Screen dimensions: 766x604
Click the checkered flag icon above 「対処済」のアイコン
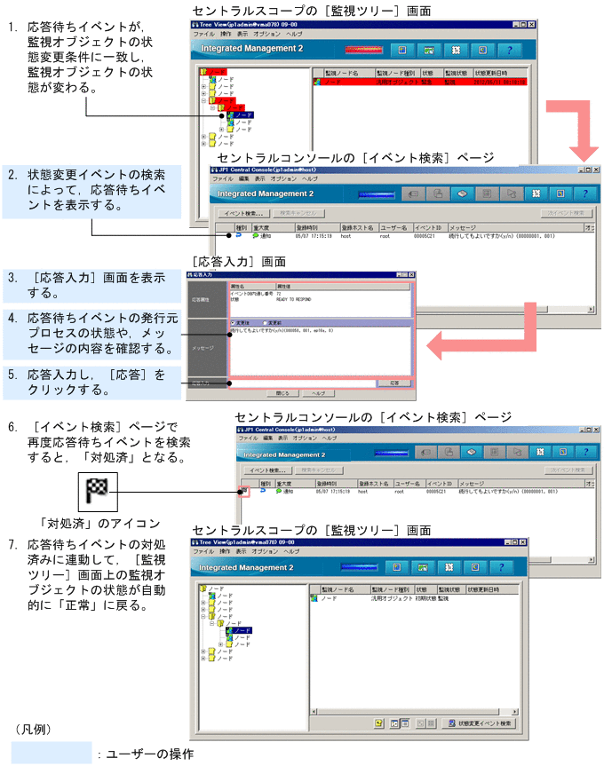point(97,488)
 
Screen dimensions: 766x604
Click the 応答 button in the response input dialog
point(388,382)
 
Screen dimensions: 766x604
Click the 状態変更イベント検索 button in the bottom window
point(480,723)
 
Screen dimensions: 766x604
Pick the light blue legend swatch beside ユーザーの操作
point(51,753)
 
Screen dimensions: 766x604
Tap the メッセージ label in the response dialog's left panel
point(203,348)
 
